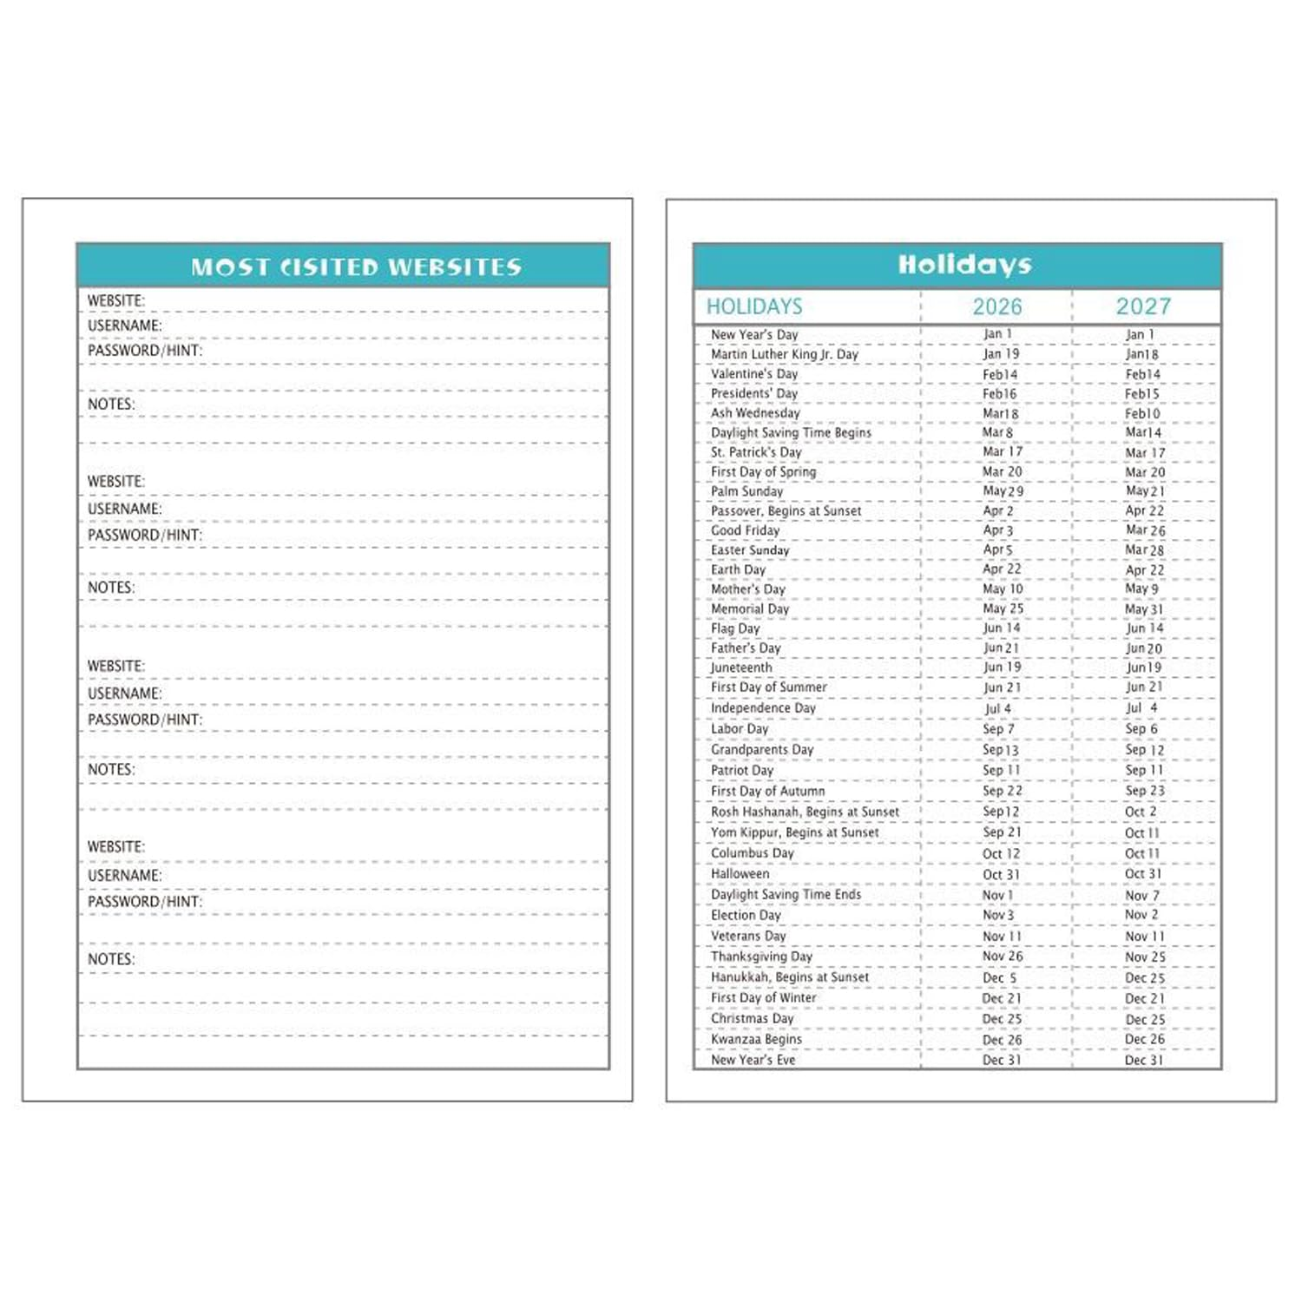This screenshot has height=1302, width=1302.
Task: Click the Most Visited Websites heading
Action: tap(356, 266)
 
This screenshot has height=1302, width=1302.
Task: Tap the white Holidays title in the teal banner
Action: tap(964, 265)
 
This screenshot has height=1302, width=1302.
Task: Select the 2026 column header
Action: tap(996, 306)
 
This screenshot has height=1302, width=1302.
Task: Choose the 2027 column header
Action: tap(1143, 306)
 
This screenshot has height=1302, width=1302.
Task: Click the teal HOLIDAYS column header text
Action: tap(753, 306)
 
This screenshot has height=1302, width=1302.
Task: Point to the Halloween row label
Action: tap(740, 874)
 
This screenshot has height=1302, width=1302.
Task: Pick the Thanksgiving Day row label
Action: tap(761, 957)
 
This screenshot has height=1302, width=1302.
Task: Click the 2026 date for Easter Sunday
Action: tap(997, 550)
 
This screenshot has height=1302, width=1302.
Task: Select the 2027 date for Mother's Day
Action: tap(1141, 589)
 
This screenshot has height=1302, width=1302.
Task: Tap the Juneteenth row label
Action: tap(740, 667)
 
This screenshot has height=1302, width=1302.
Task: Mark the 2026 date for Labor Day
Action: tap(998, 729)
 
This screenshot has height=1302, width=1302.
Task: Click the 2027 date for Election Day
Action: tap(1141, 915)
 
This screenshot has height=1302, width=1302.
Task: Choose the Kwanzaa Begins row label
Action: tap(756, 1039)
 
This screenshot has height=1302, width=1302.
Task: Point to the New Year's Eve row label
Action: tap(753, 1060)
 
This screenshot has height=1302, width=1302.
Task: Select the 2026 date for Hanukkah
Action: tap(999, 977)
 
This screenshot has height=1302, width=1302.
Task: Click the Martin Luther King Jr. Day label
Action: tap(784, 354)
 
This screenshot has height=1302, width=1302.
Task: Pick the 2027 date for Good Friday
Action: tap(1145, 530)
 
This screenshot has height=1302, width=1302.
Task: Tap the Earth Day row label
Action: tap(738, 569)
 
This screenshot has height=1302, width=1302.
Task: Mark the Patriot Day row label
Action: tap(741, 770)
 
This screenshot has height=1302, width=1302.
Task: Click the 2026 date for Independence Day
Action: tap(997, 708)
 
